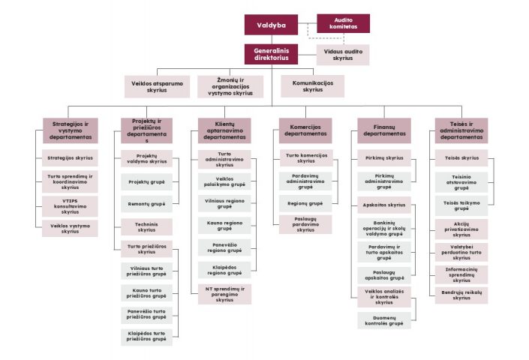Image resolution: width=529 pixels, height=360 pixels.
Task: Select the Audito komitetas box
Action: (x=343, y=23)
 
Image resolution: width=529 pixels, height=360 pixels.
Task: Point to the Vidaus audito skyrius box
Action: (x=343, y=54)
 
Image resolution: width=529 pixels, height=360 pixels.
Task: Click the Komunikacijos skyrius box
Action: (x=312, y=85)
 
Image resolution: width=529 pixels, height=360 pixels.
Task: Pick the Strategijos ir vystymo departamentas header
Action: (x=70, y=130)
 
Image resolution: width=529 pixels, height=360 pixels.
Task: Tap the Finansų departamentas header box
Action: (x=384, y=130)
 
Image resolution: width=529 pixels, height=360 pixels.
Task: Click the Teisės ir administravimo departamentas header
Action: (x=461, y=130)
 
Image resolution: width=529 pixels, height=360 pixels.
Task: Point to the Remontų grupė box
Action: (x=146, y=204)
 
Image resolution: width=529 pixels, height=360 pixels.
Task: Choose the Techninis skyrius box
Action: (x=146, y=227)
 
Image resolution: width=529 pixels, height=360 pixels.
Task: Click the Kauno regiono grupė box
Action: (x=224, y=226)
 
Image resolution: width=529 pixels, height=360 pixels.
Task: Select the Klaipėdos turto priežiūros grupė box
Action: (x=146, y=336)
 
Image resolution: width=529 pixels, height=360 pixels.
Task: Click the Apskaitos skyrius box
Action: (x=384, y=205)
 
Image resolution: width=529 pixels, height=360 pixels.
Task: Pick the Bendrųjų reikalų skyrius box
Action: (x=461, y=294)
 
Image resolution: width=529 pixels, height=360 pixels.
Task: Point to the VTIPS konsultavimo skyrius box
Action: (x=70, y=207)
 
